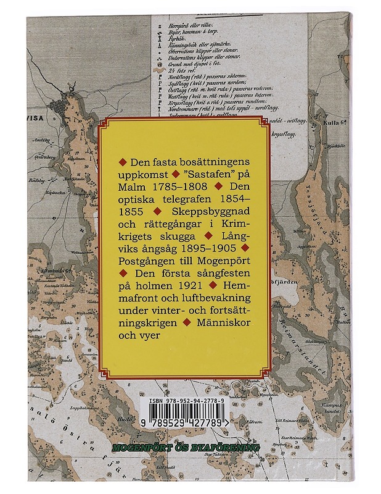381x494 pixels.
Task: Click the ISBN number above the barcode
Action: [x=190, y=401]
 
